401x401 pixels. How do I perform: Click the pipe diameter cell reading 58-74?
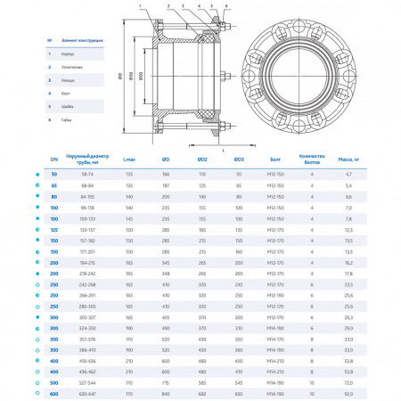coord(86,174)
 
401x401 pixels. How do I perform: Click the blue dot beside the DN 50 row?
coord(37,174)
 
